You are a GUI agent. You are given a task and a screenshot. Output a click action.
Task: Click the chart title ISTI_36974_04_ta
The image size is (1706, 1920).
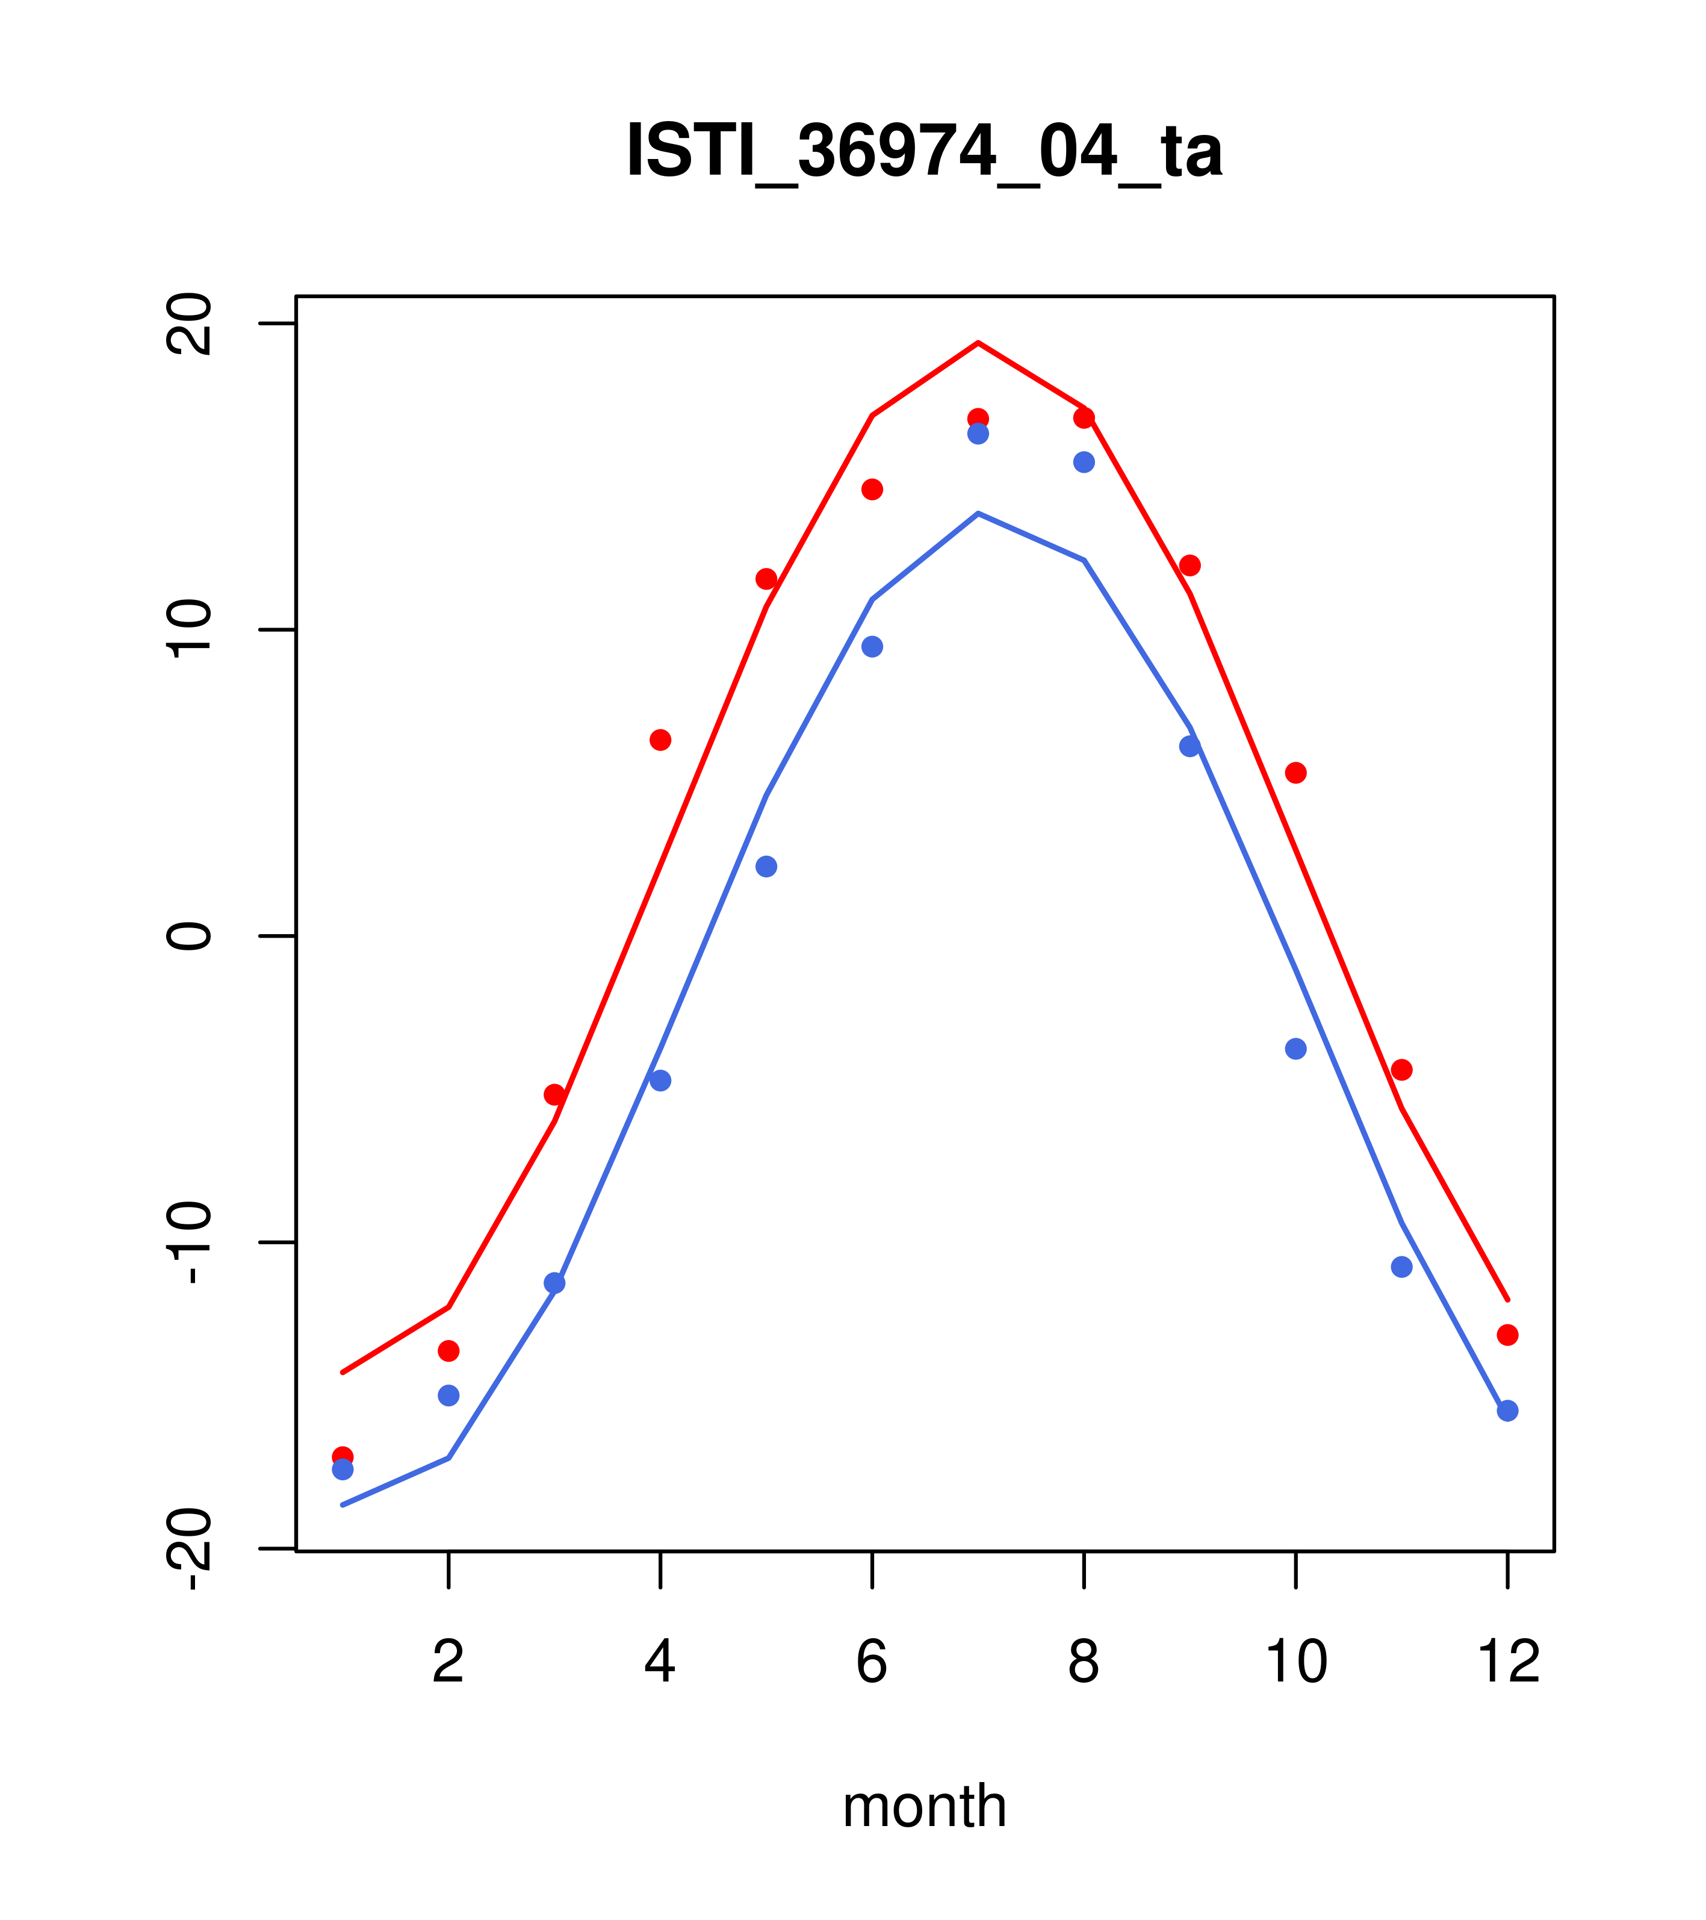coord(924,151)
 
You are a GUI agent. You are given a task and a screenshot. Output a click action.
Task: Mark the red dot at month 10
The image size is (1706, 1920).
coord(1295,773)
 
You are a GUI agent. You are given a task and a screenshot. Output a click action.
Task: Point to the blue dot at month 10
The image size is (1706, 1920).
coord(1295,1049)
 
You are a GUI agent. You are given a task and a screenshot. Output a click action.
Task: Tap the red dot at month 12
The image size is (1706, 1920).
coord(1508,1335)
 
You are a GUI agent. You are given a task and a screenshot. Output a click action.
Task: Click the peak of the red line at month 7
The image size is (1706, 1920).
coord(978,343)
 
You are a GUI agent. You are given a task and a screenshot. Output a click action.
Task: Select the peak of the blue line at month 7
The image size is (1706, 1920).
coord(978,514)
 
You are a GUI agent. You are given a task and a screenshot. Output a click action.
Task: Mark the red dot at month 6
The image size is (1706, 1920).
coord(872,490)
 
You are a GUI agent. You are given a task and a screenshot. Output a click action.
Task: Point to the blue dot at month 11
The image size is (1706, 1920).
coord(1402,1267)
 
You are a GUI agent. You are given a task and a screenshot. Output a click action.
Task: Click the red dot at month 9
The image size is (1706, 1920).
coord(1190,566)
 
